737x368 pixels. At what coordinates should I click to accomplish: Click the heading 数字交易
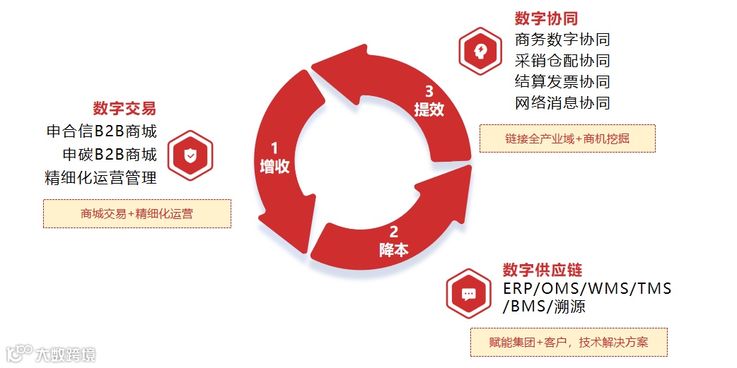click(124, 109)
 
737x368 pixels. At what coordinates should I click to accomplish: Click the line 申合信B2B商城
click(101, 131)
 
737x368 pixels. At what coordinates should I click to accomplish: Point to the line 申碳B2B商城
click(110, 155)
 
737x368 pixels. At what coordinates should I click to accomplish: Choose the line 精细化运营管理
click(101, 178)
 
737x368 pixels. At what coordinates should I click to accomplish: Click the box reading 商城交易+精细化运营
click(137, 213)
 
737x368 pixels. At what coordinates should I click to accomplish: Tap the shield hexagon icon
click(190, 155)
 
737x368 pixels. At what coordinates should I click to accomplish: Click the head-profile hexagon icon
click(480, 51)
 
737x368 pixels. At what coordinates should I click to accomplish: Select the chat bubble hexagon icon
click(468, 293)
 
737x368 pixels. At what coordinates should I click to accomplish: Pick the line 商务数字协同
click(562, 40)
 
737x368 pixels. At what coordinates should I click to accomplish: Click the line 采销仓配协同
click(562, 61)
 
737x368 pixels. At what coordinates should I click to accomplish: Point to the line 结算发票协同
click(562, 82)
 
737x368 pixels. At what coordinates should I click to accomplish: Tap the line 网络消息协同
click(562, 103)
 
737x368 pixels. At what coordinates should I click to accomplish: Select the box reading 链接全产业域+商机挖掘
click(567, 138)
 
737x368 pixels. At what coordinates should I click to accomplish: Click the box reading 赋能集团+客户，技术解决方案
click(569, 343)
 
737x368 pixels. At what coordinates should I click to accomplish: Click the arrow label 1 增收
click(274, 158)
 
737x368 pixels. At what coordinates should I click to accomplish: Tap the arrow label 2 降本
click(393, 240)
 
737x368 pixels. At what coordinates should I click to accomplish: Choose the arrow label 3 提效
click(429, 100)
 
